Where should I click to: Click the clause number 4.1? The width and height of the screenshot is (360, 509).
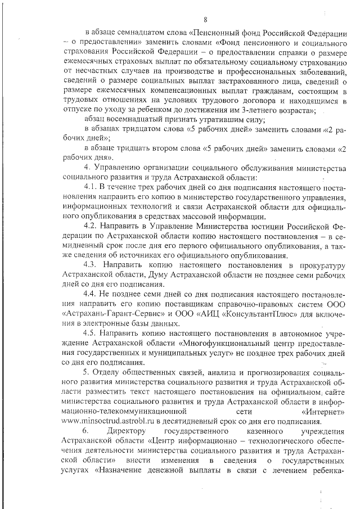pos(91,186)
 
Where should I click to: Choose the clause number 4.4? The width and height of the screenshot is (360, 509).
pos(91,293)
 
